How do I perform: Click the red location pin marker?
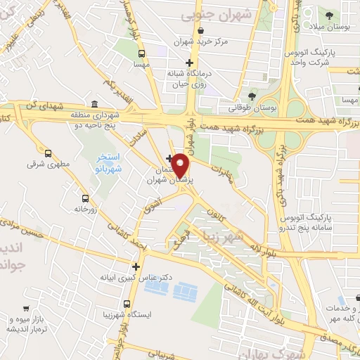[x=181, y=167]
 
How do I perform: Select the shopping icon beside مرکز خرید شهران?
[x=202, y=31]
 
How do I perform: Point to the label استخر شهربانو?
[x=108, y=162]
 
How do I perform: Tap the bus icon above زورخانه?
[x=86, y=198]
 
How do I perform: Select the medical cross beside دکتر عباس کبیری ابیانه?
[x=136, y=266]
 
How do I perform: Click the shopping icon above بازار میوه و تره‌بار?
[x=25, y=308]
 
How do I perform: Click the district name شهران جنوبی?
[x=209, y=14]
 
